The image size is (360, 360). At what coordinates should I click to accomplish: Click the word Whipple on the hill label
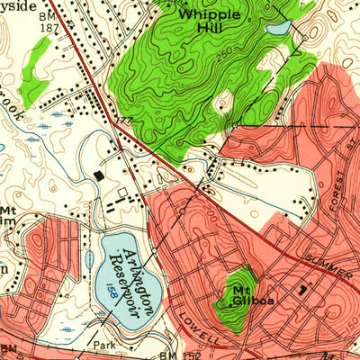click(x=209, y=14)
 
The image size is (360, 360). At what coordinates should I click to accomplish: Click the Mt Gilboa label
click(x=240, y=296)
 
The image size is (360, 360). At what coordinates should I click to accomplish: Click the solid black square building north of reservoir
click(x=98, y=175)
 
